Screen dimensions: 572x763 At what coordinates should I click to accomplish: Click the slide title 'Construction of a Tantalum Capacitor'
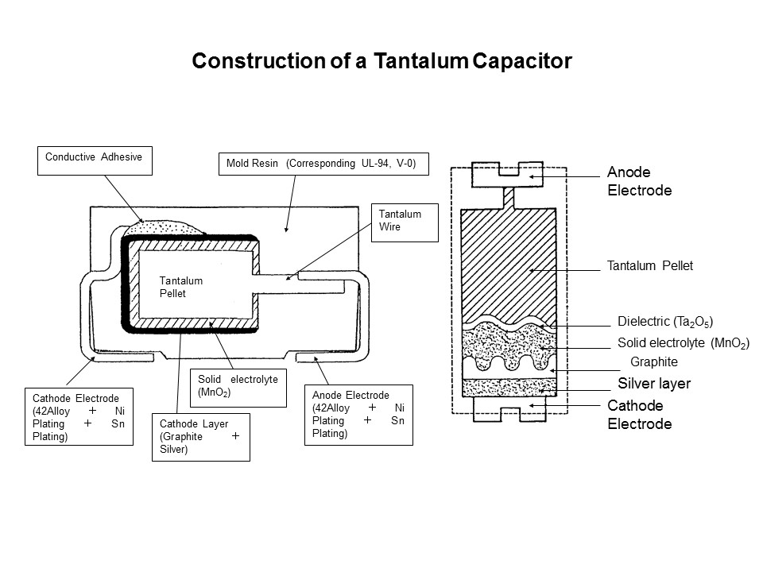click(x=381, y=61)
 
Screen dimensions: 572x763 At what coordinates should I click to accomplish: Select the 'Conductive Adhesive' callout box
click(x=94, y=160)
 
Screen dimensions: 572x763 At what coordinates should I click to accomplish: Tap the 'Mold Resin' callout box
click(x=322, y=164)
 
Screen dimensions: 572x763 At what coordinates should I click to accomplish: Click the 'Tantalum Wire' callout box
click(x=405, y=222)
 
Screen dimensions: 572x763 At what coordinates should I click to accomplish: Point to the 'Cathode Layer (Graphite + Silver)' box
click(x=200, y=437)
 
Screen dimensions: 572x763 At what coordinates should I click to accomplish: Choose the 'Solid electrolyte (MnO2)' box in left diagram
click(x=237, y=386)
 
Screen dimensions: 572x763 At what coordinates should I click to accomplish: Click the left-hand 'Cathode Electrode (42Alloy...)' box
click(x=79, y=416)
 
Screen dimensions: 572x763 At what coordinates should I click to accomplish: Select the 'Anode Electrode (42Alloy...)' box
click(x=358, y=414)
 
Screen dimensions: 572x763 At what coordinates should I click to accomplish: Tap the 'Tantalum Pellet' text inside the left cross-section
click(x=181, y=287)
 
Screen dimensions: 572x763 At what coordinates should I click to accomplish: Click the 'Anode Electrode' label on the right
click(x=639, y=182)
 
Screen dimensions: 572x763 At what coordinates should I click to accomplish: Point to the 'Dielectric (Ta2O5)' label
click(x=664, y=322)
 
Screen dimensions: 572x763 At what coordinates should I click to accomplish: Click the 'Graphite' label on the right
click(x=653, y=361)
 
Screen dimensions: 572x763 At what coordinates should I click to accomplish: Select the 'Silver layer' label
click(x=654, y=384)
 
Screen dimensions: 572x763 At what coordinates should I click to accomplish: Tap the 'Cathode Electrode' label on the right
click(x=639, y=415)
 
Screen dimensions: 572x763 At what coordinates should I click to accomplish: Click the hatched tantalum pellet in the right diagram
click(x=508, y=262)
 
